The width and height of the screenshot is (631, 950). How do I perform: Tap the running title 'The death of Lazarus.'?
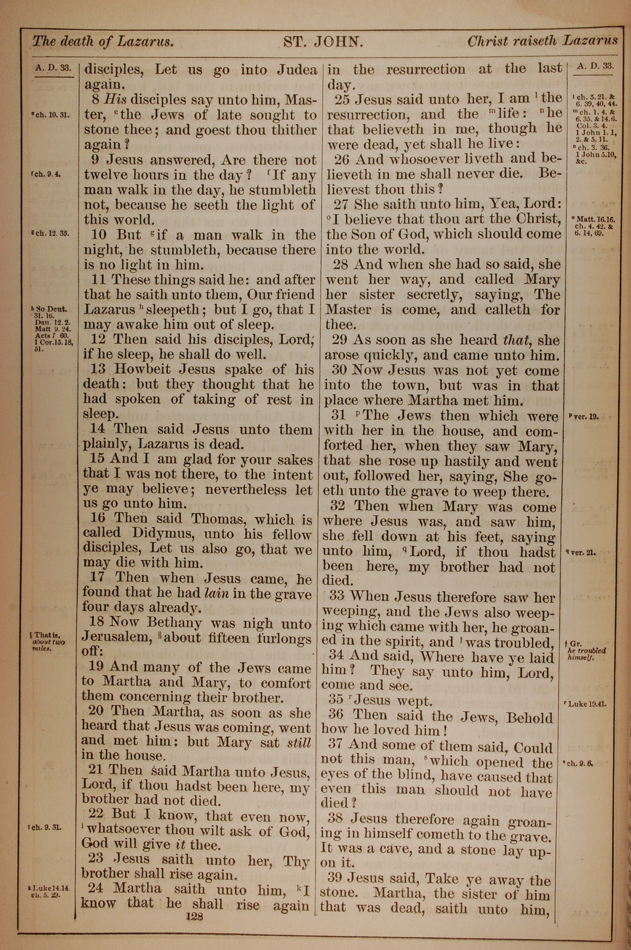(103, 41)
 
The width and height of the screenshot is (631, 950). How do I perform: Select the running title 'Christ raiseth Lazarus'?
(542, 41)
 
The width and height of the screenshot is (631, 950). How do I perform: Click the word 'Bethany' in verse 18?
(174, 623)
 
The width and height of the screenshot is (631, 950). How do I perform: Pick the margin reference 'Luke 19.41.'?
(587, 704)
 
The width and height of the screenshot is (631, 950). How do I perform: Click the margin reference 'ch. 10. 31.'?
(53, 116)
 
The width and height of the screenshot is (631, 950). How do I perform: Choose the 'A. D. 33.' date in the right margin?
(595, 66)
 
